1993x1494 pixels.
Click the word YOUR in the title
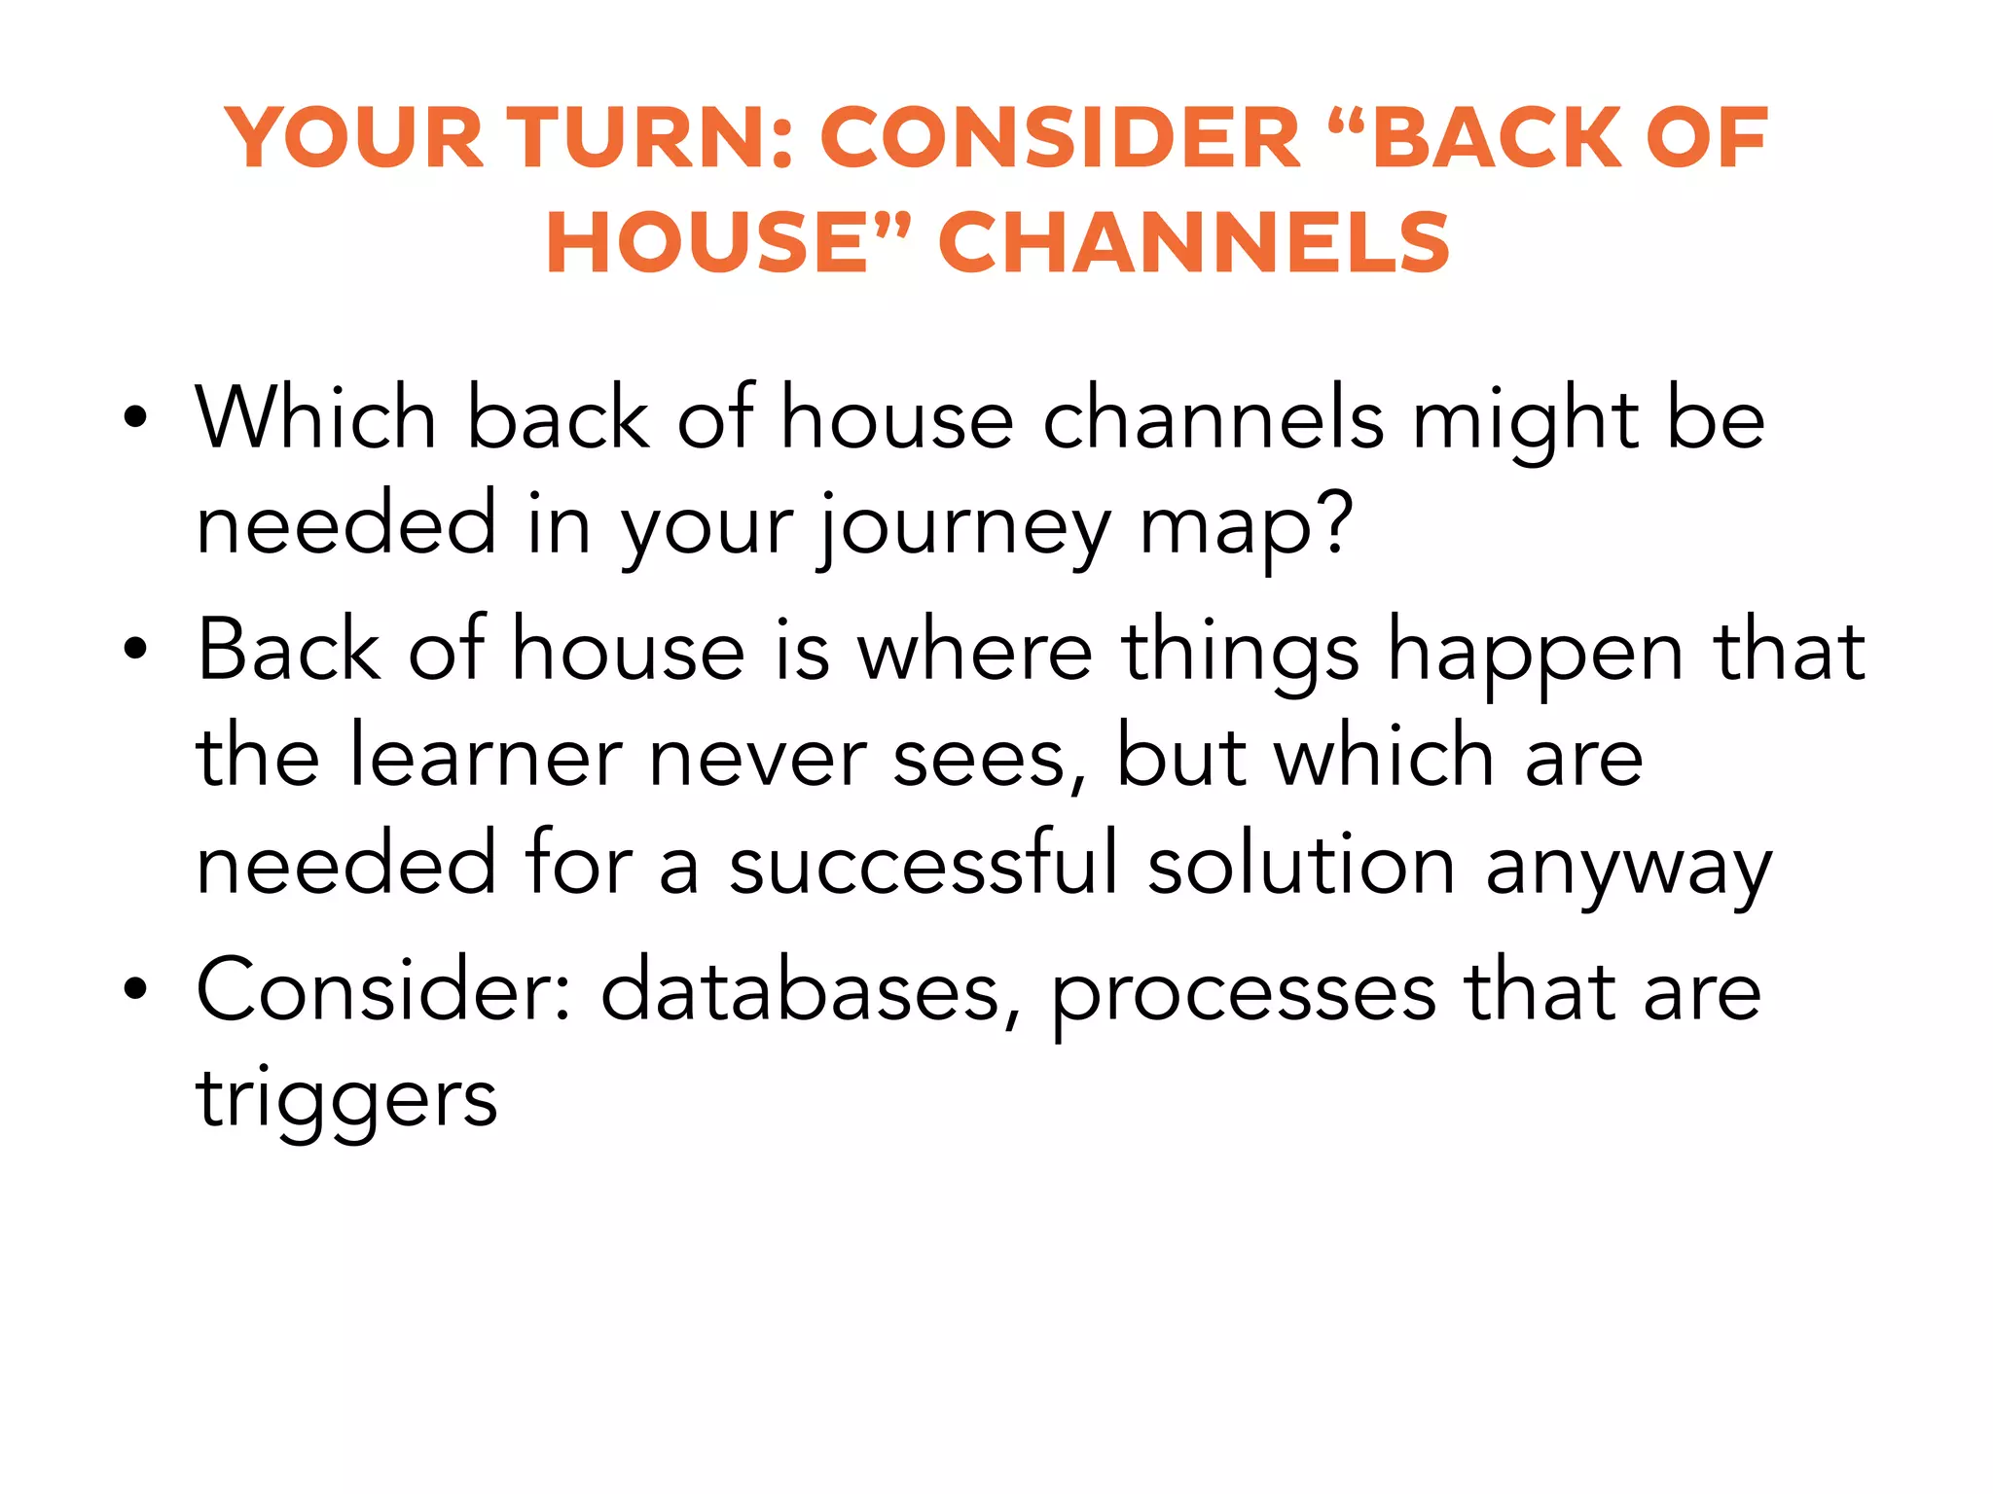coord(354,138)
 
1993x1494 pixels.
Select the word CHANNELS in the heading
coord(1194,243)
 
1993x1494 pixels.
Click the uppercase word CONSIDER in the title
coord(1061,138)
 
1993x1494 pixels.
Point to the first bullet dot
coord(135,418)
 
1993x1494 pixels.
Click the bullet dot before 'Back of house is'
coord(135,650)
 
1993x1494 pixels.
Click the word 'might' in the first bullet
coord(1525,420)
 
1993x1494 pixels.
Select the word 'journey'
coord(963,527)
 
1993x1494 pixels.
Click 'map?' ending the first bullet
coord(1246,527)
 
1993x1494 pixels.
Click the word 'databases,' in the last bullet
coord(812,992)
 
